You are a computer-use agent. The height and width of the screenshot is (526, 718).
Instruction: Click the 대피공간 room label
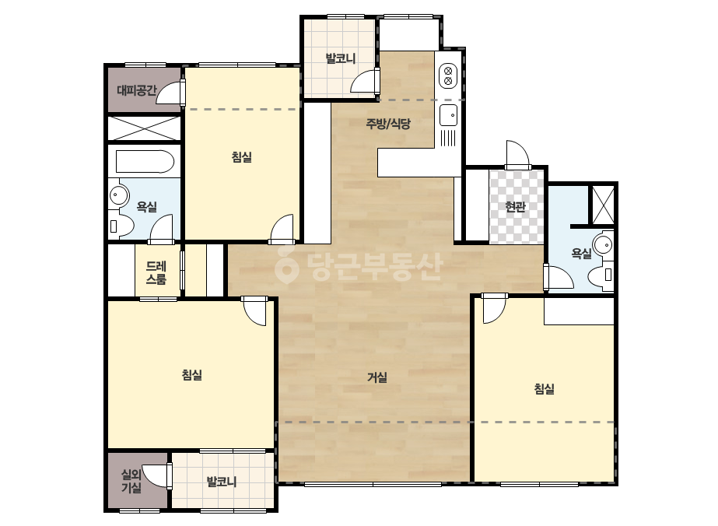click(x=136, y=90)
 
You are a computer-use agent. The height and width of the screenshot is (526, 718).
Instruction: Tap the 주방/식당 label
click(x=388, y=123)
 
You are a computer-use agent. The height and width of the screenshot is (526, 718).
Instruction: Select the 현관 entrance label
click(x=515, y=207)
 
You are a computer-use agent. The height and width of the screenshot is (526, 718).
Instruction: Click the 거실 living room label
click(x=377, y=377)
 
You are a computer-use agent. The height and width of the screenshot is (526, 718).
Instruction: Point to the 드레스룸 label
click(x=156, y=272)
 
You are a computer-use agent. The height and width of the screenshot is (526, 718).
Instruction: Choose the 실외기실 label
click(x=131, y=481)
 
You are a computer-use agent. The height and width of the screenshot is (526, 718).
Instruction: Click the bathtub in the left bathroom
click(x=145, y=161)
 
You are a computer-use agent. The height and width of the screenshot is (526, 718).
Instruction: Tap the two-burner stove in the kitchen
click(x=448, y=76)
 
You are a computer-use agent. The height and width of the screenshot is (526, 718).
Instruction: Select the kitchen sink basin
click(x=448, y=114)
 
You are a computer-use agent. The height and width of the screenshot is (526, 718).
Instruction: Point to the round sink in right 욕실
click(x=604, y=244)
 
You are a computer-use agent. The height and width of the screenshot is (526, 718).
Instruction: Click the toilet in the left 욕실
click(x=121, y=226)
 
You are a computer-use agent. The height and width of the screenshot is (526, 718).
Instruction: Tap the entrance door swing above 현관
click(x=517, y=155)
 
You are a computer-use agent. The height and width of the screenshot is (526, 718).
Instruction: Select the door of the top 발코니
click(x=365, y=81)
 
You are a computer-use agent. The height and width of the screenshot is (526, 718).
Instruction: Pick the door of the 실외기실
click(x=155, y=476)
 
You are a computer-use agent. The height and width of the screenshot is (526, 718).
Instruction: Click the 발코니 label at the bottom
click(x=222, y=482)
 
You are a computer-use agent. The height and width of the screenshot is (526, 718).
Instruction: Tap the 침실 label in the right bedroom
click(x=544, y=389)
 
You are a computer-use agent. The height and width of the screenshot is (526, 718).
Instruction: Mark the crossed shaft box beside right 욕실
click(x=603, y=205)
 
